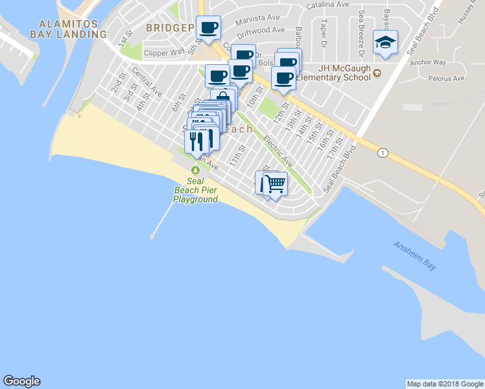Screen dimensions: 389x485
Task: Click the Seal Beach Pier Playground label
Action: click(195, 191)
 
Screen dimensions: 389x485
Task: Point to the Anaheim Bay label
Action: click(414, 255)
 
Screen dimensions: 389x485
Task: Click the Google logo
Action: click(21, 381)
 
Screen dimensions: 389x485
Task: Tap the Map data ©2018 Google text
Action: click(445, 384)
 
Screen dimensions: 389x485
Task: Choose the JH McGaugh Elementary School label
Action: click(347, 73)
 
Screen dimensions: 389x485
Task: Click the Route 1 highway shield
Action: click(383, 152)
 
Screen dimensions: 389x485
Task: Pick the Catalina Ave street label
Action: click(328, 5)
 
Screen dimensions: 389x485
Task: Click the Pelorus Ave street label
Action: click(447, 78)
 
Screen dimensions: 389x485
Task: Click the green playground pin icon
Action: click(195, 169)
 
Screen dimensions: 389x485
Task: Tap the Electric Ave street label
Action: click(278, 150)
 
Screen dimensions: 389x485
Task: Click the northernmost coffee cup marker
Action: click(209, 27)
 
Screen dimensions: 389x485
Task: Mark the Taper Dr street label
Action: click(322, 30)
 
